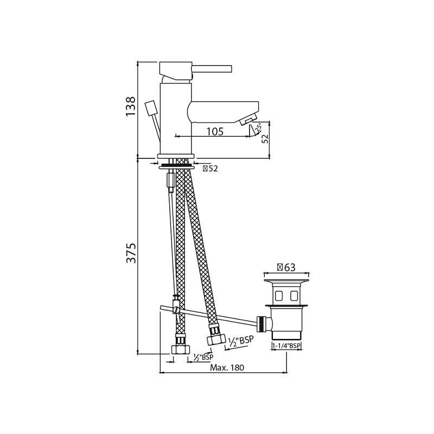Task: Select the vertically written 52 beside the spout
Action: coord(265,139)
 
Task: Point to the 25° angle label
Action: coord(259,129)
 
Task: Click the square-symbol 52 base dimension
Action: coord(209,169)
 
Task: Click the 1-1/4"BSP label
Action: coord(286,345)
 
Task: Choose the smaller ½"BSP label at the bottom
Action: coord(203,357)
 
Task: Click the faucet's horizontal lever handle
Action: coord(213,68)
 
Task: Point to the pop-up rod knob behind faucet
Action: coord(151,108)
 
